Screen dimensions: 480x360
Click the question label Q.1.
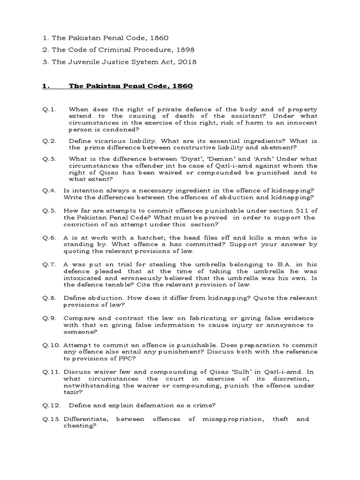tap(49, 110)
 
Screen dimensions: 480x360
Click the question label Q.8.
tap(49, 298)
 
